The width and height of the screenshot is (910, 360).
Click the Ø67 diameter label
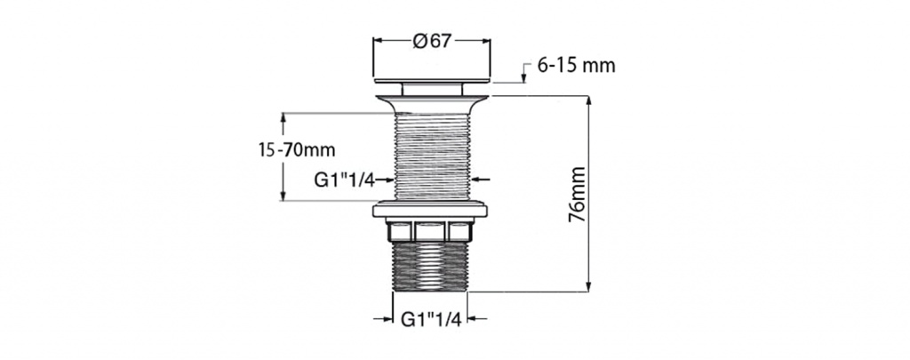(431, 41)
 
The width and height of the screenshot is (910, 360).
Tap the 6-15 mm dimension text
(576, 66)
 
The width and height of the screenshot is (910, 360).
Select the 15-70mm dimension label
(297, 150)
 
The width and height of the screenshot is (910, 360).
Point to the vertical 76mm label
(577, 195)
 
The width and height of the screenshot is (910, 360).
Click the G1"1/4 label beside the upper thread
(344, 180)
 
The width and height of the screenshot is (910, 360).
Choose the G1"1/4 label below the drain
(431, 319)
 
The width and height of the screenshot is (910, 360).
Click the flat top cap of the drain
(432, 81)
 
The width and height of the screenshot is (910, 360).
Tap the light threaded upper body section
(432, 156)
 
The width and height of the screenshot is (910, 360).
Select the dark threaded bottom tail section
(430, 266)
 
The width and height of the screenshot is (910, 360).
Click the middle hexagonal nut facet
(431, 232)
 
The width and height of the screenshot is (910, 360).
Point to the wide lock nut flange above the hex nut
(430, 210)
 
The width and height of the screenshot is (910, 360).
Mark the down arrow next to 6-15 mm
(524, 73)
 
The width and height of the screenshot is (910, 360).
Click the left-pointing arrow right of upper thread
(482, 180)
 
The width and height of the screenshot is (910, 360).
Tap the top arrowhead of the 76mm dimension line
(588, 100)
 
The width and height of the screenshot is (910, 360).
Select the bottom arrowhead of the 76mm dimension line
(588, 287)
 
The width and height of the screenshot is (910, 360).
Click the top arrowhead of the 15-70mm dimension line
(283, 117)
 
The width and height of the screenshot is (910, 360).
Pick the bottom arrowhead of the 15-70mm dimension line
(283, 196)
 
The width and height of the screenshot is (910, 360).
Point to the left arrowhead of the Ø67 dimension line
(378, 41)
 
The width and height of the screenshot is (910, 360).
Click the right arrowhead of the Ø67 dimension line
(486, 41)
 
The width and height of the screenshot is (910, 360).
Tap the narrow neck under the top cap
(432, 90)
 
